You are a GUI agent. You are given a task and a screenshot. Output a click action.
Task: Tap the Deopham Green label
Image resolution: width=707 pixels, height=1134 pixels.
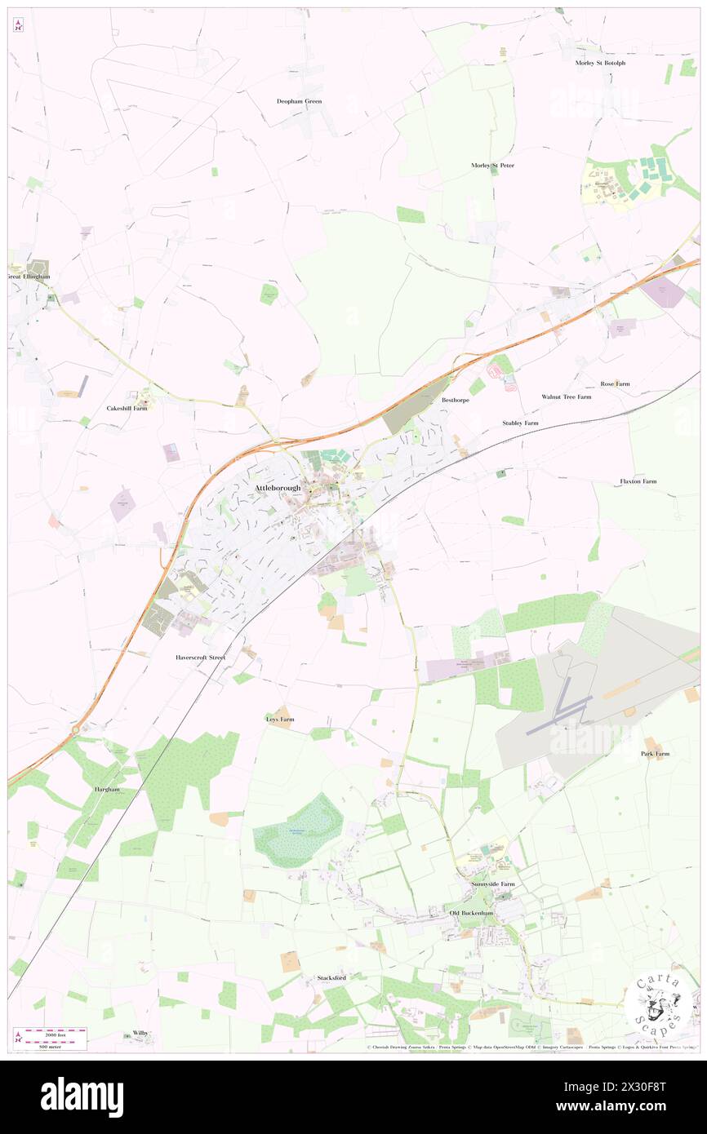pos(299,101)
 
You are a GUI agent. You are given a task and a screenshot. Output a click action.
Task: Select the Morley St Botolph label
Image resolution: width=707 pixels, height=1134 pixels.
pos(600,63)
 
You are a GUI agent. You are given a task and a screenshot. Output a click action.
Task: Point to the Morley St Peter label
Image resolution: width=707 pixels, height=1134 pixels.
pos(492,166)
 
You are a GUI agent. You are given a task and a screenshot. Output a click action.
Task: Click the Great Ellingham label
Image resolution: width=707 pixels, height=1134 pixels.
pos(29,277)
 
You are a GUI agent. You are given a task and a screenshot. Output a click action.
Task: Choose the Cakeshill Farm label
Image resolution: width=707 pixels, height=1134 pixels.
pos(127,408)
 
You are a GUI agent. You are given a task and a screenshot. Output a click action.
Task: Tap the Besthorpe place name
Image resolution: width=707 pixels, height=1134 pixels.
pos(457,401)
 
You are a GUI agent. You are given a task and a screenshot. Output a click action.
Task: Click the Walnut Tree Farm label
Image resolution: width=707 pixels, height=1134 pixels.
pos(566,397)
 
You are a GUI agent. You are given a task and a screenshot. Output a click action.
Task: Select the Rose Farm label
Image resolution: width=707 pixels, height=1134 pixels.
pos(616,383)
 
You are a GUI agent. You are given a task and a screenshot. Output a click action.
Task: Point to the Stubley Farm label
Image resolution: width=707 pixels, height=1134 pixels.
pos(520,423)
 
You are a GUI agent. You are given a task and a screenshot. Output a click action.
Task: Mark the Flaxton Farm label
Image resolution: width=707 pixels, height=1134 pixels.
pos(638,481)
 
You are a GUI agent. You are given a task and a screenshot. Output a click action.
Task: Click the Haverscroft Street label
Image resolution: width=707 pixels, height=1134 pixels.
pos(200,657)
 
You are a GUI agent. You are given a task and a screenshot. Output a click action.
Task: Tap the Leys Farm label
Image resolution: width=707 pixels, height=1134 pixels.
pos(279,720)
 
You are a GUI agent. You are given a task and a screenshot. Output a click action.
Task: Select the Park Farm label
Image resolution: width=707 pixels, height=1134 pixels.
pos(655,754)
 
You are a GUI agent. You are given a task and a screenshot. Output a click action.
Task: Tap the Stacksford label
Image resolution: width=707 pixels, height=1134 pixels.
pos(331,977)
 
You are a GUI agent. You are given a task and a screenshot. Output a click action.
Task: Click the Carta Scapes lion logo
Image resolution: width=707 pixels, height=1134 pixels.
pos(658,1003)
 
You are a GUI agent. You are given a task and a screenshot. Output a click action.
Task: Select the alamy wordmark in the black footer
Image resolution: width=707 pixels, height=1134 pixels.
pos(82,1096)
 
